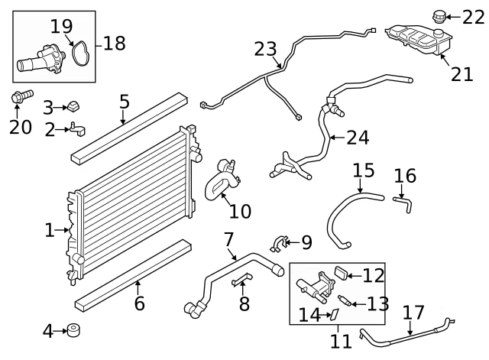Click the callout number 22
click(473, 18)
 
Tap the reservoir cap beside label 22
click(439, 17)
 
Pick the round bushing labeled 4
click(73, 331)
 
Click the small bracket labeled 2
click(77, 129)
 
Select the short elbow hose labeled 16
click(403, 203)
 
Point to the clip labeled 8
click(242, 279)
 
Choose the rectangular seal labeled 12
click(342, 273)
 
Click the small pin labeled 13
click(345, 300)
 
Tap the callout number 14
click(309, 315)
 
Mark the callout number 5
click(124, 102)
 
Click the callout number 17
click(413, 313)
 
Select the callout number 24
click(358, 138)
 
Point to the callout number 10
click(240, 212)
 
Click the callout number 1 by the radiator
click(50, 231)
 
